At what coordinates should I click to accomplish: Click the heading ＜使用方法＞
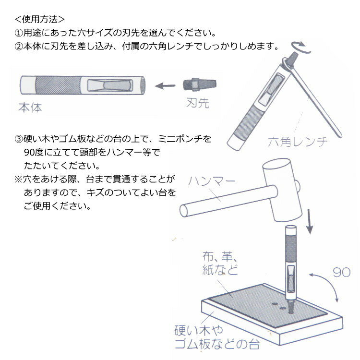click(39, 19)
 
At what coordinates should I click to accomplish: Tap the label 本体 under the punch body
click(30, 108)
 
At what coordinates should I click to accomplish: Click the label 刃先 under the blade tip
click(198, 103)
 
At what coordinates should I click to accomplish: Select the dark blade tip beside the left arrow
click(200, 84)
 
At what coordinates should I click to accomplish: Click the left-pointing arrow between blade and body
click(165, 86)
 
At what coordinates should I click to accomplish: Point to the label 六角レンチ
click(298, 142)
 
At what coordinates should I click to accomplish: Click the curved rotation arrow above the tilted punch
click(301, 48)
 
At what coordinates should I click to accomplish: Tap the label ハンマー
click(212, 181)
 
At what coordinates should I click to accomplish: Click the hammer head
click(282, 190)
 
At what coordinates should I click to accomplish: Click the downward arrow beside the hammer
click(310, 222)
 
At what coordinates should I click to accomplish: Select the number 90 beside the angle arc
click(341, 272)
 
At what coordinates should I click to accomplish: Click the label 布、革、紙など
click(220, 263)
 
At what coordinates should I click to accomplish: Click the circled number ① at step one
click(19, 33)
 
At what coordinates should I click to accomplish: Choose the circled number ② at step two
click(19, 47)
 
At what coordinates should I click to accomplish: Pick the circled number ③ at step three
click(19, 139)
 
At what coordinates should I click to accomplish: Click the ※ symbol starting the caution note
click(18, 180)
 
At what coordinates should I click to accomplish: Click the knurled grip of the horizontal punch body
click(58, 85)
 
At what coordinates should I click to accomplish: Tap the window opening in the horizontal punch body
click(110, 85)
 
